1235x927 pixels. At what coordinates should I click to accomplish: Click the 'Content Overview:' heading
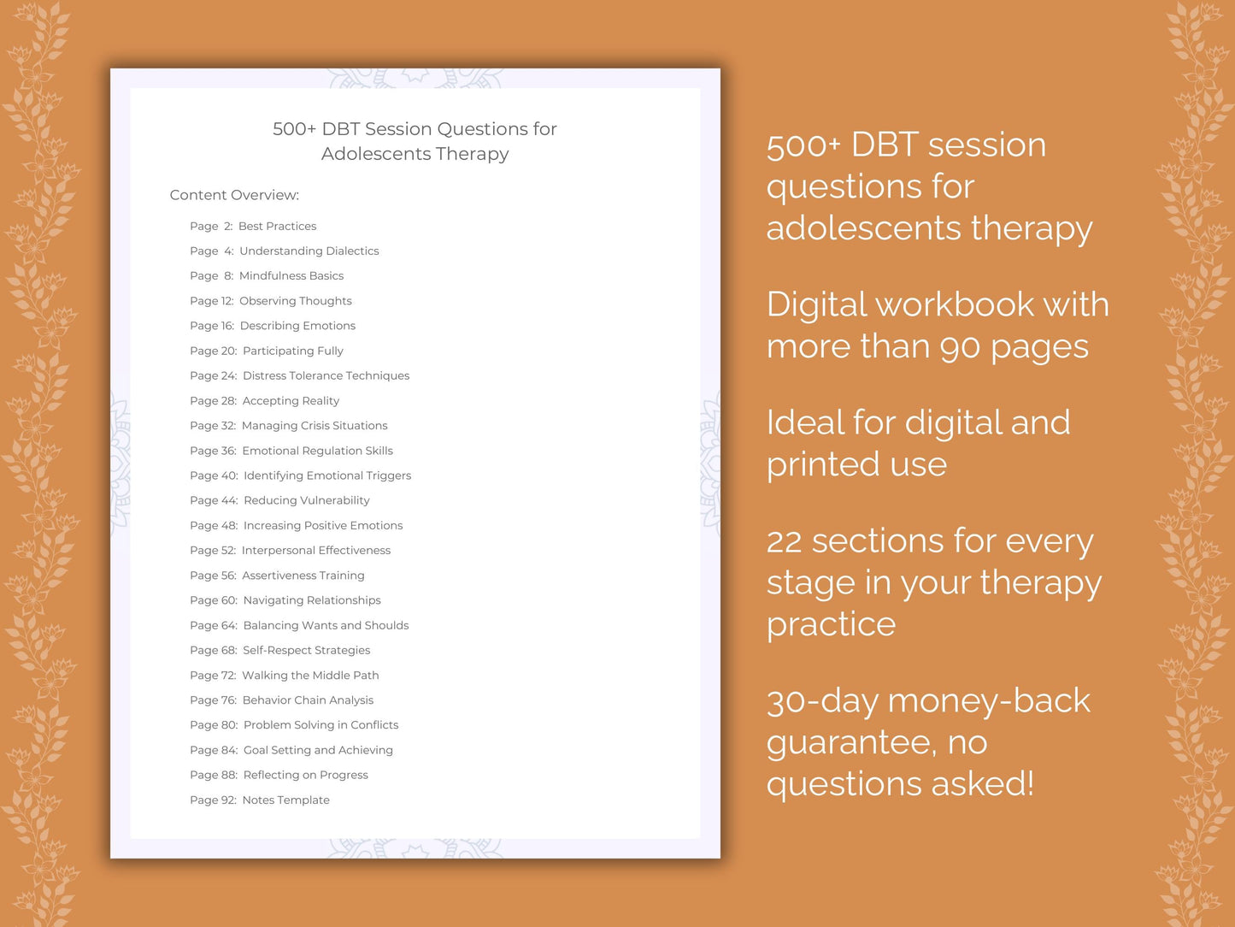[x=234, y=195]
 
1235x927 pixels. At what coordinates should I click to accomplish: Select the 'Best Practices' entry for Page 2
[x=277, y=227]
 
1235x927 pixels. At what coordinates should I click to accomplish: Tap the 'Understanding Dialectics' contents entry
[x=309, y=251]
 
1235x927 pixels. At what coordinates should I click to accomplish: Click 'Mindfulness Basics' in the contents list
[x=291, y=276]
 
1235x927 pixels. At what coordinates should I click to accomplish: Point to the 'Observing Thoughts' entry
[x=295, y=301]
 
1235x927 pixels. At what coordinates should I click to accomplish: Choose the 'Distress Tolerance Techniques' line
[x=326, y=375]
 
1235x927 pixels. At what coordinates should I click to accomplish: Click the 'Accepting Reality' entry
[x=291, y=401]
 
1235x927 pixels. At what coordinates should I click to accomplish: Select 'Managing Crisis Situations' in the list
[x=314, y=426]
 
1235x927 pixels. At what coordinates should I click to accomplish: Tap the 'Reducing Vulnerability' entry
[x=306, y=500]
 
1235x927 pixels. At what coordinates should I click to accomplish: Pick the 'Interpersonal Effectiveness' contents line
[x=315, y=551]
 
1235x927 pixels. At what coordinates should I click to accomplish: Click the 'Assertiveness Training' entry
[x=303, y=576]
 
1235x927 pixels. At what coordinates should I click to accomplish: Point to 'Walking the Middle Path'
[x=310, y=676]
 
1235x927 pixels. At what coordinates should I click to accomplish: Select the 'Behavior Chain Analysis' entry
[x=308, y=700]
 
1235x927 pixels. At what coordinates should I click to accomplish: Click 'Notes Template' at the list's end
[x=285, y=800]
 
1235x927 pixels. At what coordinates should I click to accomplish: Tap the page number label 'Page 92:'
[x=213, y=800]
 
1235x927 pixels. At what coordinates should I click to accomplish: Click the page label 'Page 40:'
[x=214, y=475]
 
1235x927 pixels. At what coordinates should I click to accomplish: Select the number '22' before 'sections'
[x=784, y=541]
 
